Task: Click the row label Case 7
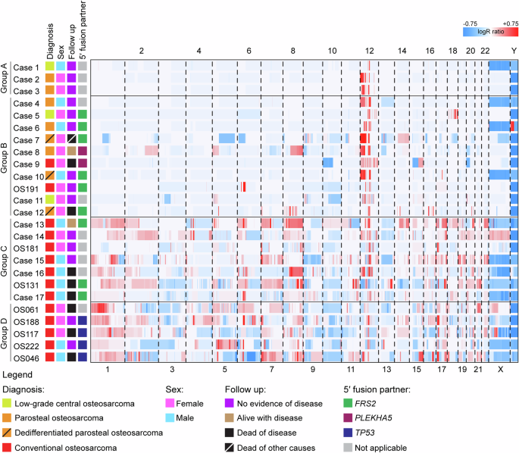point(27,139)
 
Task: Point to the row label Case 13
point(27,224)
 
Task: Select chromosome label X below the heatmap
point(499,368)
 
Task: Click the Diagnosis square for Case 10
point(49,176)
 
